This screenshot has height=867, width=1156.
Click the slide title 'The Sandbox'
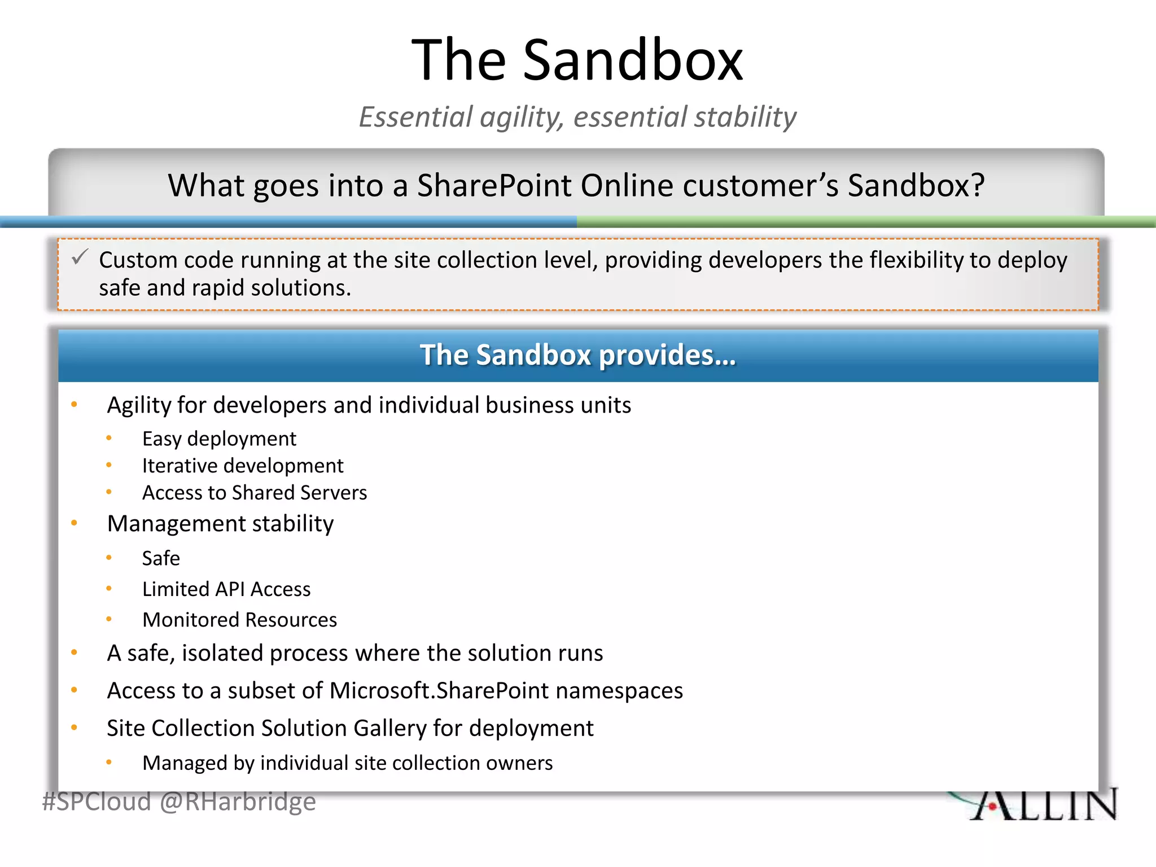point(577,60)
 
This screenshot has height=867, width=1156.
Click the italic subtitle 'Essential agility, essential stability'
point(577,117)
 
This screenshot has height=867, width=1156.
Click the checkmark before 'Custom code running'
point(80,258)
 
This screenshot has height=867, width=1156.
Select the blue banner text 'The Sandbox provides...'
point(577,355)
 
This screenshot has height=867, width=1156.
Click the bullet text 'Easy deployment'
point(219,439)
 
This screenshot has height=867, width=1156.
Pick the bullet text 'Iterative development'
point(243,466)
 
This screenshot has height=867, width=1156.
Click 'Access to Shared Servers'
point(254,493)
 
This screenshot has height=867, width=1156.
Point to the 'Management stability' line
point(220,524)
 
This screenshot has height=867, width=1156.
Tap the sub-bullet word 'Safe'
point(161,558)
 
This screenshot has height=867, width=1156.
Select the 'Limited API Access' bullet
point(226,589)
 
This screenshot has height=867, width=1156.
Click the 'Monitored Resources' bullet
point(239,620)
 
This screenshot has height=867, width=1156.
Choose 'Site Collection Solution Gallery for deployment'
point(350,728)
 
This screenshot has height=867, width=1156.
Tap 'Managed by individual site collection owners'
point(347,763)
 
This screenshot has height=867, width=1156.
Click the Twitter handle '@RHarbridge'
point(238,802)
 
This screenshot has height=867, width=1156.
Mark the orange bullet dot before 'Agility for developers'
point(74,405)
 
